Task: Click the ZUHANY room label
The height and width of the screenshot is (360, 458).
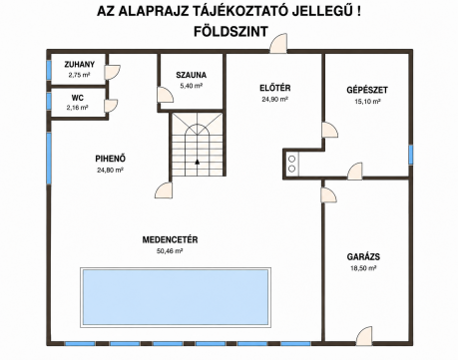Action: pos(80,64)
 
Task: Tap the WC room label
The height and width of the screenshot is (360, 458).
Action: pos(77,98)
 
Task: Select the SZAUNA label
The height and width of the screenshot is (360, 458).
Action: pos(192,75)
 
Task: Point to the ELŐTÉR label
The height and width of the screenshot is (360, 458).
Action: pos(275,88)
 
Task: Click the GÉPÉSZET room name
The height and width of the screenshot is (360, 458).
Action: pos(367,90)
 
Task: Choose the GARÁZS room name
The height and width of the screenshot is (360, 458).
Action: pos(363,257)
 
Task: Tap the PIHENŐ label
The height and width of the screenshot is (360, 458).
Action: pos(110,159)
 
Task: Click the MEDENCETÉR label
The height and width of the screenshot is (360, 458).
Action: pos(170,240)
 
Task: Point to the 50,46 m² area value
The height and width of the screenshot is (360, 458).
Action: pos(170,251)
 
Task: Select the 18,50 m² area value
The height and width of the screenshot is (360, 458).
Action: pos(363,268)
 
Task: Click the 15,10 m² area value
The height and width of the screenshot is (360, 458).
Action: pos(367,102)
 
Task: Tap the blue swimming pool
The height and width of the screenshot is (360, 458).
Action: pos(176,297)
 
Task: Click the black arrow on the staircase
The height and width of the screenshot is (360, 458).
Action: pos(198,162)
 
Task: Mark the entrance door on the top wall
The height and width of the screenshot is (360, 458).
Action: pos(278,43)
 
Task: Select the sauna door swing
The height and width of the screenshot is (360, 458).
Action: pos(166,95)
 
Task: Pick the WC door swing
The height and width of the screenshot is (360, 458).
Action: pos(111,106)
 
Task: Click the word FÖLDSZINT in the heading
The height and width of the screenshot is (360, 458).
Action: pos(230,32)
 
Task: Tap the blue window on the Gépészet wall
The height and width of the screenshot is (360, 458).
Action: pos(411,155)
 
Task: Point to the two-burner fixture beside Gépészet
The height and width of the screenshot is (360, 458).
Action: pos(291,164)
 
